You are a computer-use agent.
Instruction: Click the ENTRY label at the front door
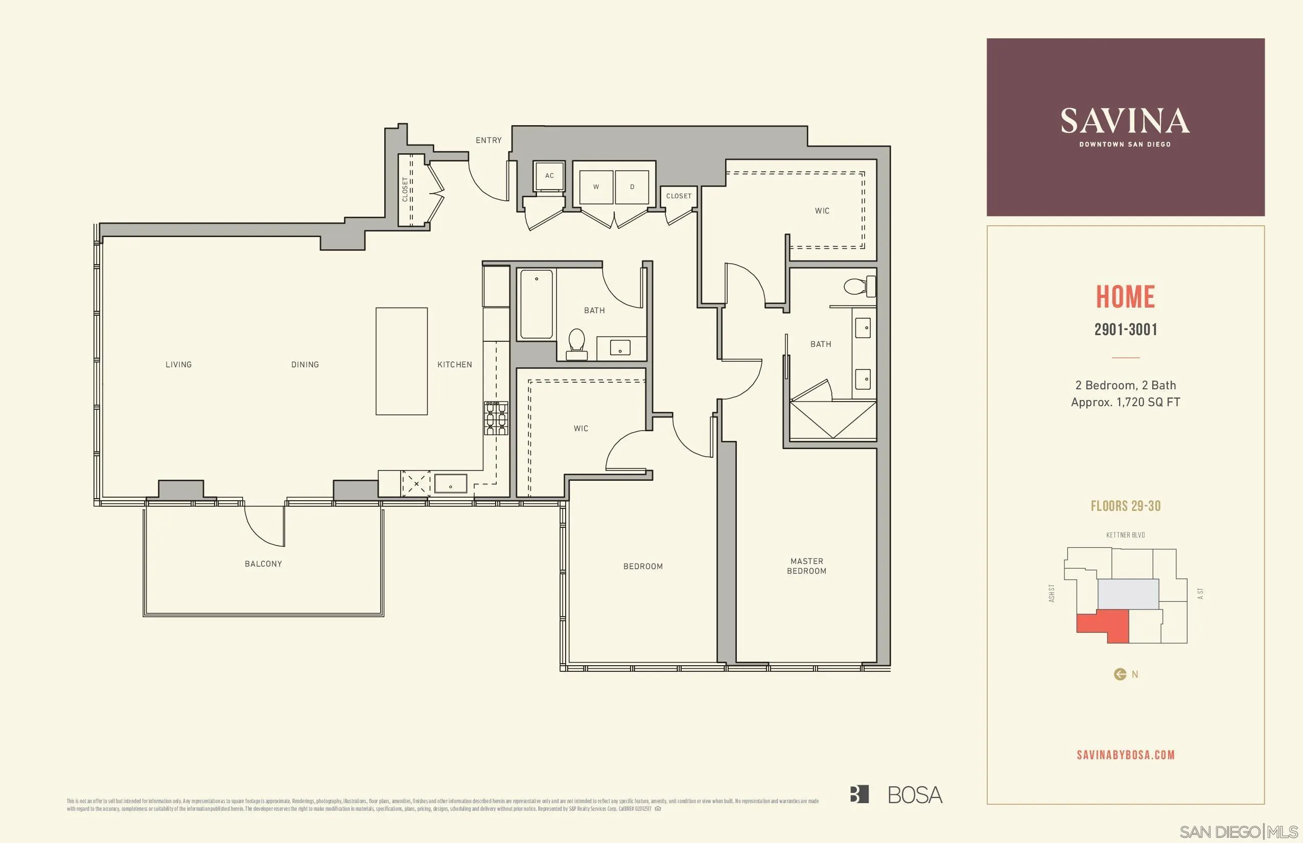[x=488, y=140]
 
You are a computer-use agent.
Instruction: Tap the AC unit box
[x=549, y=176]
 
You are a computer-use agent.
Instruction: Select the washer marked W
[x=596, y=186]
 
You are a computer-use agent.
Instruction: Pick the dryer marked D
[x=632, y=186]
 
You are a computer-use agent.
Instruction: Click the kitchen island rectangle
[x=401, y=361]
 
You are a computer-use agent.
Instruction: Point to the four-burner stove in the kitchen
[x=496, y=418]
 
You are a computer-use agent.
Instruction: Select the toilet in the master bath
[x=857, y=286]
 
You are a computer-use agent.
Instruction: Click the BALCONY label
[x=263, y=564]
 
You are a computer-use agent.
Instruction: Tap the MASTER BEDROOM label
[x=806, y=566]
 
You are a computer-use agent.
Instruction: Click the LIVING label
[x=178, y=365]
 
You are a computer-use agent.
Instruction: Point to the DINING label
[x=305, y=365]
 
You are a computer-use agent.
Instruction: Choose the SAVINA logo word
[x=1125, y=121]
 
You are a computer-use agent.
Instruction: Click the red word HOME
[x=1125, y=297]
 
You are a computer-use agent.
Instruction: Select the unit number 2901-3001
[x=1126, y=330]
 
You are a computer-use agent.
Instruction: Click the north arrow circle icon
[x=1120, y=674]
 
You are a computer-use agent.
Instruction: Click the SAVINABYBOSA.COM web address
[x=1126, y=755]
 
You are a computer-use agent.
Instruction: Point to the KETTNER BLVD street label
[x=1126, y=535]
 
